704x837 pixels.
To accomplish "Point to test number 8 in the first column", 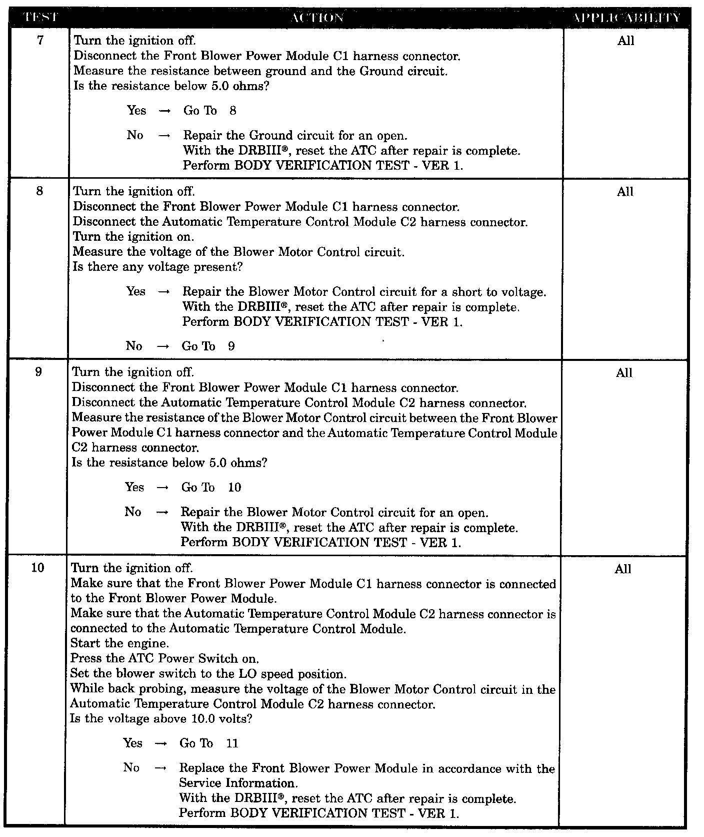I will (40, 191).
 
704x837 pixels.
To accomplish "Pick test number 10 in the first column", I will (38, 568).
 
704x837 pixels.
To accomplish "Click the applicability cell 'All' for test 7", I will (625, 41).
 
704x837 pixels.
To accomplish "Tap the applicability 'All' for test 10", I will (623, 569).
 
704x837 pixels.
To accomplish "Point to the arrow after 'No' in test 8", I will (163, 347).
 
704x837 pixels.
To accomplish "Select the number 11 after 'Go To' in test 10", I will (232, 743).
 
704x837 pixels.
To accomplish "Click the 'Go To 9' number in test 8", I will (231, 346).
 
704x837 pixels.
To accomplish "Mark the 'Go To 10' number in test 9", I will (234, 488).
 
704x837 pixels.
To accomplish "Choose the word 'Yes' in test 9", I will (134, 487).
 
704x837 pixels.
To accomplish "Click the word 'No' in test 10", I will (131, 768).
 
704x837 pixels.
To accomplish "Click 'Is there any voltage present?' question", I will (157, 267).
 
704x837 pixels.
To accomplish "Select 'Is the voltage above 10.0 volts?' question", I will (161, 719).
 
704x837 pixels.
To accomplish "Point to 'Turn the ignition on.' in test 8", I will (133, 236).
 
